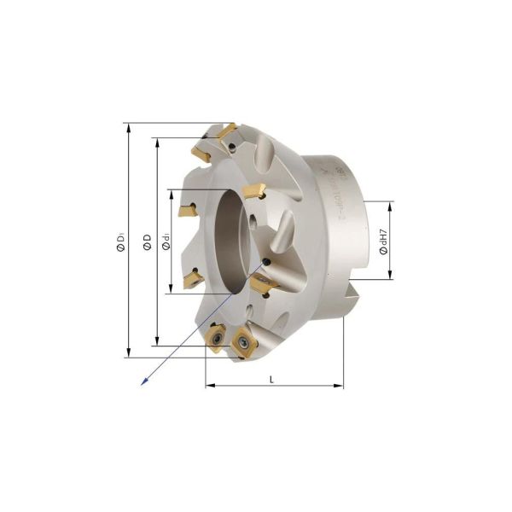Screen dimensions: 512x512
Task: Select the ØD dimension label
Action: click(x=148, y=242)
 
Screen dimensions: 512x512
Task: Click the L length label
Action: click(x=271, y=378)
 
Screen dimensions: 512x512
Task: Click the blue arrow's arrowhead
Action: click(x=143, y=382)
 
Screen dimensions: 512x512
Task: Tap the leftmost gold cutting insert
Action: click(x=186, y=209)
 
